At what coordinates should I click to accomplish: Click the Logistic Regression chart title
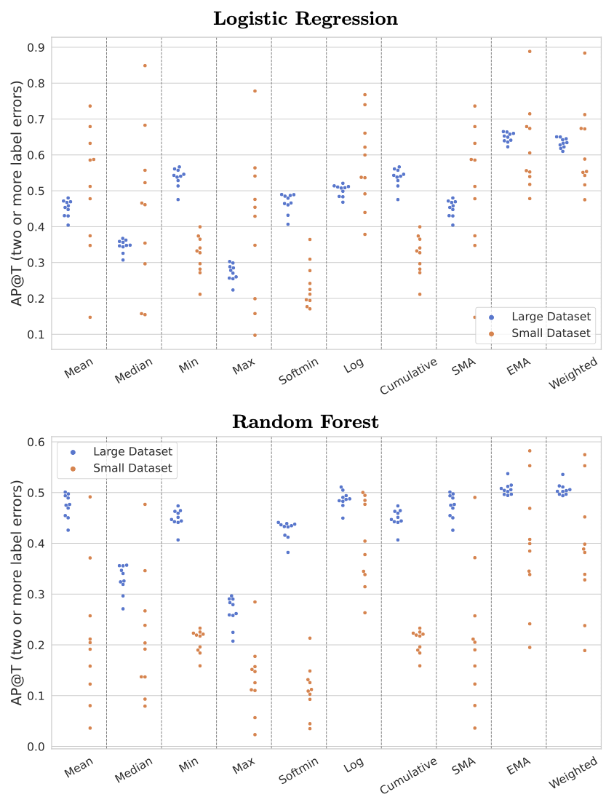(x=306, y=19)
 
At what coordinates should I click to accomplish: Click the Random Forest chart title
(x=306, y=422)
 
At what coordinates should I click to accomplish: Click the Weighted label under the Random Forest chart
(x=573, y=772)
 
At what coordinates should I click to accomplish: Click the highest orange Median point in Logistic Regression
(x=145, y=66)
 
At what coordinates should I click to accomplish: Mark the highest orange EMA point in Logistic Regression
(x=530, y=52)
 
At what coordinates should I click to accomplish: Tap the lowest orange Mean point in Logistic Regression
(x=90, y=317)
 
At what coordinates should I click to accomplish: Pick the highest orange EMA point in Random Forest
(x=530, y=451)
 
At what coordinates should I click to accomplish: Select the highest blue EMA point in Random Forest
(x=508, y=474)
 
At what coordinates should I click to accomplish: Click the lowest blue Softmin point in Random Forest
(x=288, y=552)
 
